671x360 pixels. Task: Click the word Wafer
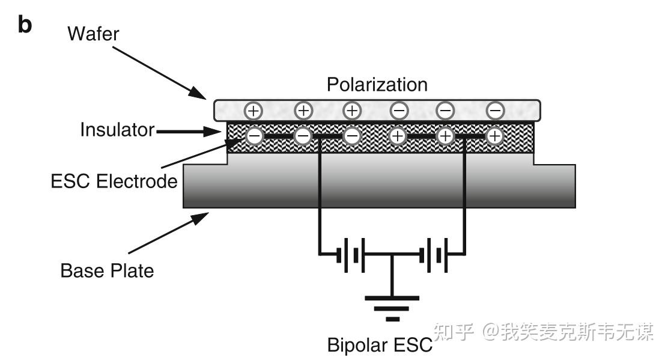pyautogui.click(x=93, y=34)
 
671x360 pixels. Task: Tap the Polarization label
pyautogui.click(x=377, y=84)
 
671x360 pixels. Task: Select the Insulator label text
pyautogui.click(x=117, y=130)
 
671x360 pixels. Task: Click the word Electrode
pyautogui.click(x=137, y=181)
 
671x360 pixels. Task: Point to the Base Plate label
pyautogui.click(x=107, y=270)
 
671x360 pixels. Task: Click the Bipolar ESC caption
pyautogui.click(x=380, y=345)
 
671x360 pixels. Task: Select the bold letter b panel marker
pyautogui.click(x=25, y=25)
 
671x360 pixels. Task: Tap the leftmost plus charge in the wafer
pyautogui.click(x=254, y=111)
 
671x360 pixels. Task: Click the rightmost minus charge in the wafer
pyautogui.click(x=495, y=111)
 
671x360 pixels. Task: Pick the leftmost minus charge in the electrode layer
pyautogui.click(x=255, y=136)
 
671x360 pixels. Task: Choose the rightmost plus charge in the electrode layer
pyautogui.click(x=495, y=136)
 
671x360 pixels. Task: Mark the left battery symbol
pyautogui.click(x=350, y=255)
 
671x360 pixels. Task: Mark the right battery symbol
pyautogui.click(x=434, y=255)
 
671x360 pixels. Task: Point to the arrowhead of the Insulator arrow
pyautogui.click(x=212, y=132)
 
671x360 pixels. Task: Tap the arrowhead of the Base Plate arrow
pyautogui.click(x=199, y=218)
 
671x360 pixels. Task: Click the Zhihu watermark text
pyautogui.click(x=544, y=332)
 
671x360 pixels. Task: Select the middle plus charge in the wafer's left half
pyautogui.click(x=303, y=111)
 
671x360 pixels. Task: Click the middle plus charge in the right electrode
pyautogui.click(x=446, y=136)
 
